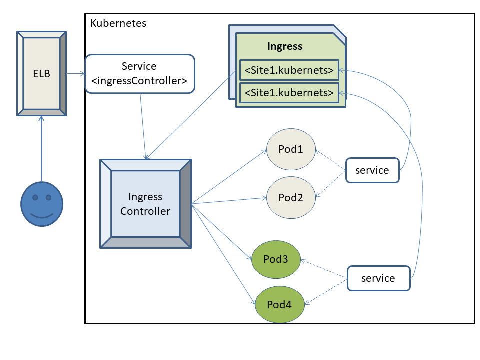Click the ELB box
[x=41, y=74]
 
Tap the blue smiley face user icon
[x=41, y=203]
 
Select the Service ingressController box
[x=140, y=74]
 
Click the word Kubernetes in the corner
[x=118, y=23]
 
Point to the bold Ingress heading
[x=285, y=47]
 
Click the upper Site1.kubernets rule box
[x=289, y=70]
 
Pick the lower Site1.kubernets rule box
[x=289, y=93]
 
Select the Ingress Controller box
[x=145, y=204]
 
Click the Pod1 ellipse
[x=291, y=149]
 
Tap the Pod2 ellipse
[x=291, y=197]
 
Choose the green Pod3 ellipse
[x=276, y=259]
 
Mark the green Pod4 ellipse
[x=279, y=304]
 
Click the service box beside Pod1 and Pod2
[x=372, y=170]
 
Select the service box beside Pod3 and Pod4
[x=378, y=278]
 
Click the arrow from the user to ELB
[x=41, y=150]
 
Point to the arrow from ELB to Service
[x=75, y=74]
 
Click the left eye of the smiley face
[x=35, y=198]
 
